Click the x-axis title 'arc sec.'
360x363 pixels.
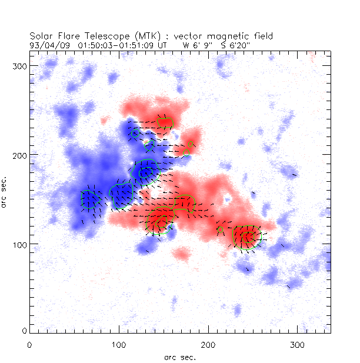180,357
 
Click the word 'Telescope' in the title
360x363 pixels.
99,36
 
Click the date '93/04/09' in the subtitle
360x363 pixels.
46,44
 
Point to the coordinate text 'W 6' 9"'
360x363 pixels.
195,44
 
